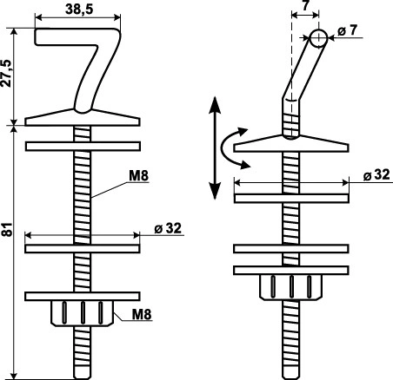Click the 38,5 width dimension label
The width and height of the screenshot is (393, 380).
click(x=79, y=10)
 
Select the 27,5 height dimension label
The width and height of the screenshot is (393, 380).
click(x=6, y=73)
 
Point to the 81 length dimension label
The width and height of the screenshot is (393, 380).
click(x=7, y=230)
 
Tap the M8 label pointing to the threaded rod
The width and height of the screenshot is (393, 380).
click(x=139, y=175)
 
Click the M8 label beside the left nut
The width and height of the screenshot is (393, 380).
click(x=142, y=314)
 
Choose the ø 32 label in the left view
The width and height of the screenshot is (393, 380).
click(x=168, y=228)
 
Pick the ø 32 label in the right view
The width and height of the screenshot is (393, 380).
click(x=376, y=174)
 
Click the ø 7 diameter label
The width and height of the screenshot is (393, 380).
click(x=348, y=30)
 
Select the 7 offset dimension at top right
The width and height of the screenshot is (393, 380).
click(x=305, y=6)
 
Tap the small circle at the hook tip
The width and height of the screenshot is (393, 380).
click(x=318, y=38)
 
